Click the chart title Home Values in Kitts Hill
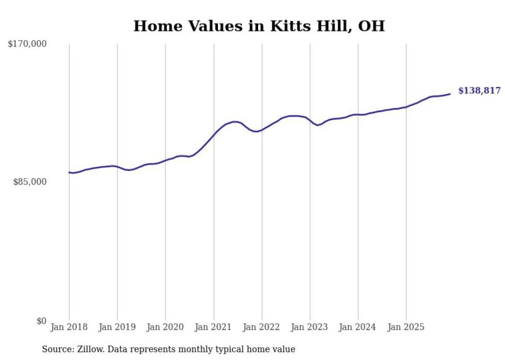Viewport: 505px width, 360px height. pos(259,26)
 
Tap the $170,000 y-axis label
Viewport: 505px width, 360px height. pos(27,44)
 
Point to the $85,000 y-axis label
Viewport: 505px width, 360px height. pos(30,182)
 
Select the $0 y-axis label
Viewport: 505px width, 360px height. pos(41,321)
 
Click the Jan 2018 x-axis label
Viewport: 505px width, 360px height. pos(69,327)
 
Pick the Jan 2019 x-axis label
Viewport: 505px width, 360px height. pos(117,327)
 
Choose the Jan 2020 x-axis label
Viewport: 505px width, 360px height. pos(165,327)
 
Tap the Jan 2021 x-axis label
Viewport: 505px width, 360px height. pos(213,327)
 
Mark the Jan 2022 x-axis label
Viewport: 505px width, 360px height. pos(261,327)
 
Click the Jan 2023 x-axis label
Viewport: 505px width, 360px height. pos(310,327)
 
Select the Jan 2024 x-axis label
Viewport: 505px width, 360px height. pos(358,327)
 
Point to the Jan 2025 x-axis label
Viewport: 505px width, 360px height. pos(406,327)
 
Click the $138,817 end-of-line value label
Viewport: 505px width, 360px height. pos(479,91)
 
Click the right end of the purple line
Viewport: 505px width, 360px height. pos(450,94)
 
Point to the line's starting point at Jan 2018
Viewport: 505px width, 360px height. pos(69,173)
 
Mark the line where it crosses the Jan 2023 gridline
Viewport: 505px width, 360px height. pos(310,121)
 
